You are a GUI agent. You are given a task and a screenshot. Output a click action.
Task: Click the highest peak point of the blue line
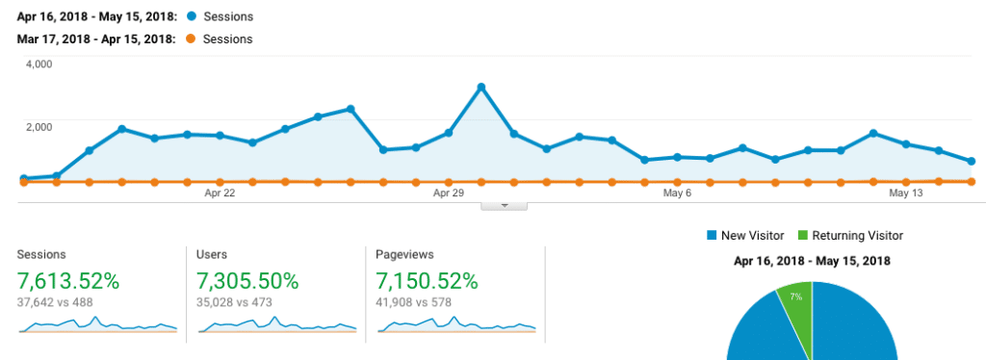coord(480,88)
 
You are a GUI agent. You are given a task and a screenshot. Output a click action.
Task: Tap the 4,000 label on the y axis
coord(39,64)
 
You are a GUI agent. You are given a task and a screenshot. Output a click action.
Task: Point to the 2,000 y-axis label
coord(39,127)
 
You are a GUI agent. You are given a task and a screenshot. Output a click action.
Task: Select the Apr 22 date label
coord(220,193)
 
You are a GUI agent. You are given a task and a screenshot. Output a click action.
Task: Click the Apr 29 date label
coord(449,193)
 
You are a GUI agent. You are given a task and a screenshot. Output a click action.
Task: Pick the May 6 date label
coord(677,193)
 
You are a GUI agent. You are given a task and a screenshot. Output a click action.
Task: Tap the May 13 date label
coord(905,193)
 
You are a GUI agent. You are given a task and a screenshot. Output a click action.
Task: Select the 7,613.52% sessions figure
coord(68,281)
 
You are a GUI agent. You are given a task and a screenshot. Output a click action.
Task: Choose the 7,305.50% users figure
coord(247,281)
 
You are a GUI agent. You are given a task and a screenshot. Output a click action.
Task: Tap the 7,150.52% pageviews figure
coord(427,281)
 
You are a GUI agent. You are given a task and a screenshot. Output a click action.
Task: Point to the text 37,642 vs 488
coord(61,303)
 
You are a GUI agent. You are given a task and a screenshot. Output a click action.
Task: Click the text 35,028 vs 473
coord(240,303)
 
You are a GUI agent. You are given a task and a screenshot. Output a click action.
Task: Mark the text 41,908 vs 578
coord(420,303)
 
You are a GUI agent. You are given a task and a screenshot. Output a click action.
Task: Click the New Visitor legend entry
coord(745,236)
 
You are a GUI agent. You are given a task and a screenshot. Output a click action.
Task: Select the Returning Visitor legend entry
coord(850,236)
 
